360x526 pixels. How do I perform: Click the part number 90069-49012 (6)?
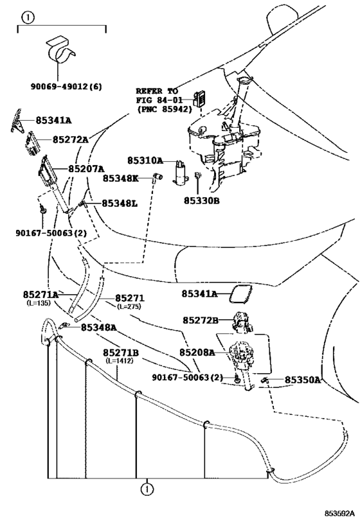(x=66, y=87)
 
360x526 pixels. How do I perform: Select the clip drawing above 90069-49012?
(x=60, y=49)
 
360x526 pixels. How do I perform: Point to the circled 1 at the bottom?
(x=147, y=489)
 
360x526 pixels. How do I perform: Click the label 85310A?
(x=145, y=161)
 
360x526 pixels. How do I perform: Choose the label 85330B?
(x=201, y=200)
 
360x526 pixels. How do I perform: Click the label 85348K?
(x=120, y=179)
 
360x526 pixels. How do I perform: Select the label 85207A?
(x=86, y=168)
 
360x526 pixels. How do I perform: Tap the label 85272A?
(x=71, y=139)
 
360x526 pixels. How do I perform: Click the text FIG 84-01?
(x=159, y=100)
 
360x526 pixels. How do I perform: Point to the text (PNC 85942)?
(x=165, y=109)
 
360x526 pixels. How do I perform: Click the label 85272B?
(x=201, y=320)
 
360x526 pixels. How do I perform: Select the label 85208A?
(x=197, y=353)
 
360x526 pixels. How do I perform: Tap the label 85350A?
(x=303, y=380)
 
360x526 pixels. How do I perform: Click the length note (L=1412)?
(x=119, y=361)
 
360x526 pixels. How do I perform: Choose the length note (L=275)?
(x=129, y=306)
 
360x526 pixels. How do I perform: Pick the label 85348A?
(x=99, y=328)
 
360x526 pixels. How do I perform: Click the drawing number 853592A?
(x=339, y=513)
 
